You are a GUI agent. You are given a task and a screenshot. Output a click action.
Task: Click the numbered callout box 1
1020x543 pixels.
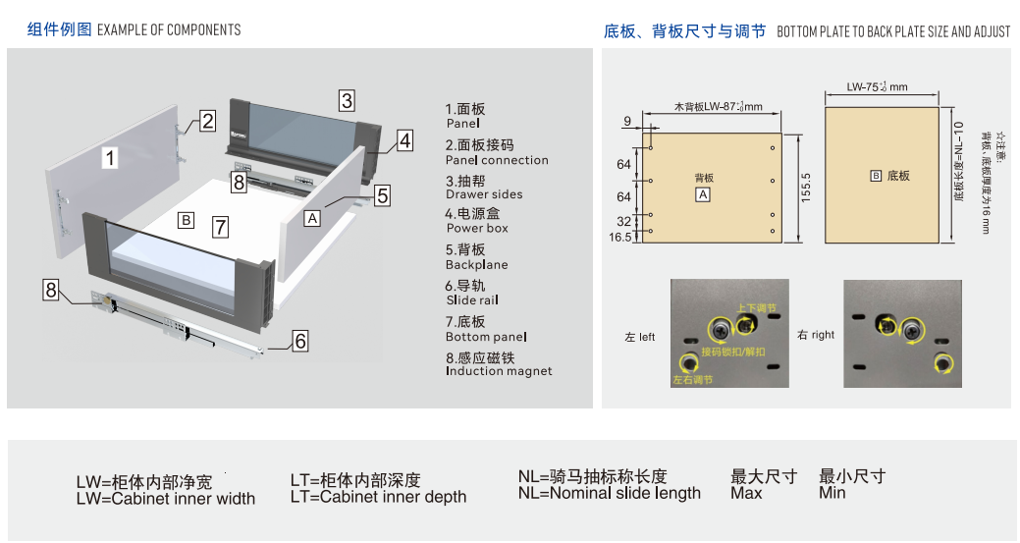[111, 157]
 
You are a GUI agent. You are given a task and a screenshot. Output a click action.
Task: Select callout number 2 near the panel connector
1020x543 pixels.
[207, 121]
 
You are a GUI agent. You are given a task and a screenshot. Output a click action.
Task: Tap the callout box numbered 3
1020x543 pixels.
[347, 99]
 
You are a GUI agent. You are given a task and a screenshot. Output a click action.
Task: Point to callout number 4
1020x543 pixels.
[404, 140]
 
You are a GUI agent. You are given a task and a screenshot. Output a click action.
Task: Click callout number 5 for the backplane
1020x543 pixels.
[382, 195]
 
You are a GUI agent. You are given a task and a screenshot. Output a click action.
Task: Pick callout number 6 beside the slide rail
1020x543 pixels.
[300, 341]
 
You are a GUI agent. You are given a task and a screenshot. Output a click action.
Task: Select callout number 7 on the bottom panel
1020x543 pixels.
[221, 228]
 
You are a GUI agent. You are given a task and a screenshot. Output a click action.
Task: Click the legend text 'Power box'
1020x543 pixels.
[477, 228]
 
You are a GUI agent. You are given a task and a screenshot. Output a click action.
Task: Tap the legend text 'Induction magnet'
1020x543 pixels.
[499, 371]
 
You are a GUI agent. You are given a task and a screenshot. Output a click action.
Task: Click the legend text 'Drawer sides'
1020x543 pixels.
[484, 194]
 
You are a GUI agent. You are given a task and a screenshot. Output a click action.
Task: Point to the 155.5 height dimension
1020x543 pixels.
[805, 187]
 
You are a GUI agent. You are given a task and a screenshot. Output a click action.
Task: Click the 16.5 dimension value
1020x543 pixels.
[620, 237]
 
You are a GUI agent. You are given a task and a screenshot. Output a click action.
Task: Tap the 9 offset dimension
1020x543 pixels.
[627, 121]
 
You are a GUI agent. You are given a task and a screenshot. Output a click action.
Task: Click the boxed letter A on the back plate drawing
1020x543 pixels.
[703, 195]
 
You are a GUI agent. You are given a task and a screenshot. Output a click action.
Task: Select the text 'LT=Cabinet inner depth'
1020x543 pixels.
[378, 497]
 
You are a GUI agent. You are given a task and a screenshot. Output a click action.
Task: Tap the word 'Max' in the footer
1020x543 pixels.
[746, 493]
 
